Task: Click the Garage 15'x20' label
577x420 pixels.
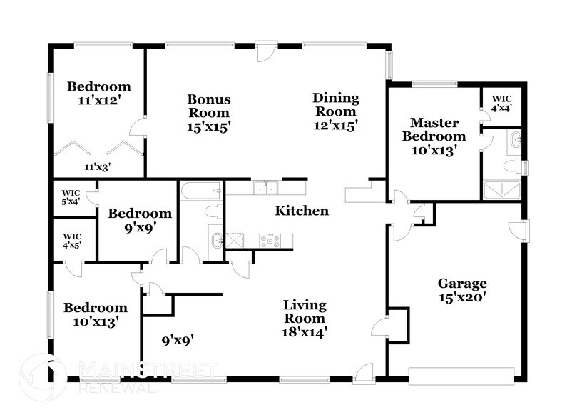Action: click(x=461, y=290)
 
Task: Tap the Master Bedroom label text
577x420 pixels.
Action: click(x=434, y=136)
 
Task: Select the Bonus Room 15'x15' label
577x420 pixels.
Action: click(x=208, y=113)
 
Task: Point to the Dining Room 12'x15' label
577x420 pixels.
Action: click(x=335, y=111)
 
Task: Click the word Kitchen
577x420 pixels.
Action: click(x=302, y=211)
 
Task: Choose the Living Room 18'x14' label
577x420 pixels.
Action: click(x=305, y=318)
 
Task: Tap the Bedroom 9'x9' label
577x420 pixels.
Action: click(x=139, y=220)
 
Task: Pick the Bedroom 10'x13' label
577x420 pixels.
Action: click(x=95, y=314)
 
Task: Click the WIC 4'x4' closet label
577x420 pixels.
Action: click(x=502, y=104)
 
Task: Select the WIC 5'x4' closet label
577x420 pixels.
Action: click(x=71, y=196)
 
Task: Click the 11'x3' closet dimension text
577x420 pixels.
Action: click(x=98, y=166)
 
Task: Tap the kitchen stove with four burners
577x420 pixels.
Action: click(x=270, y=241)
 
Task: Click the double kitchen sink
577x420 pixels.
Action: click(x=266, y=188)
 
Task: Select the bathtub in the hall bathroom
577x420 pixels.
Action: click(x=200, y=191)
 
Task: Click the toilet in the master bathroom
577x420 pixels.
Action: click(x=511, y=166)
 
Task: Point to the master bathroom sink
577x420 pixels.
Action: click(x=516, y=141)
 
